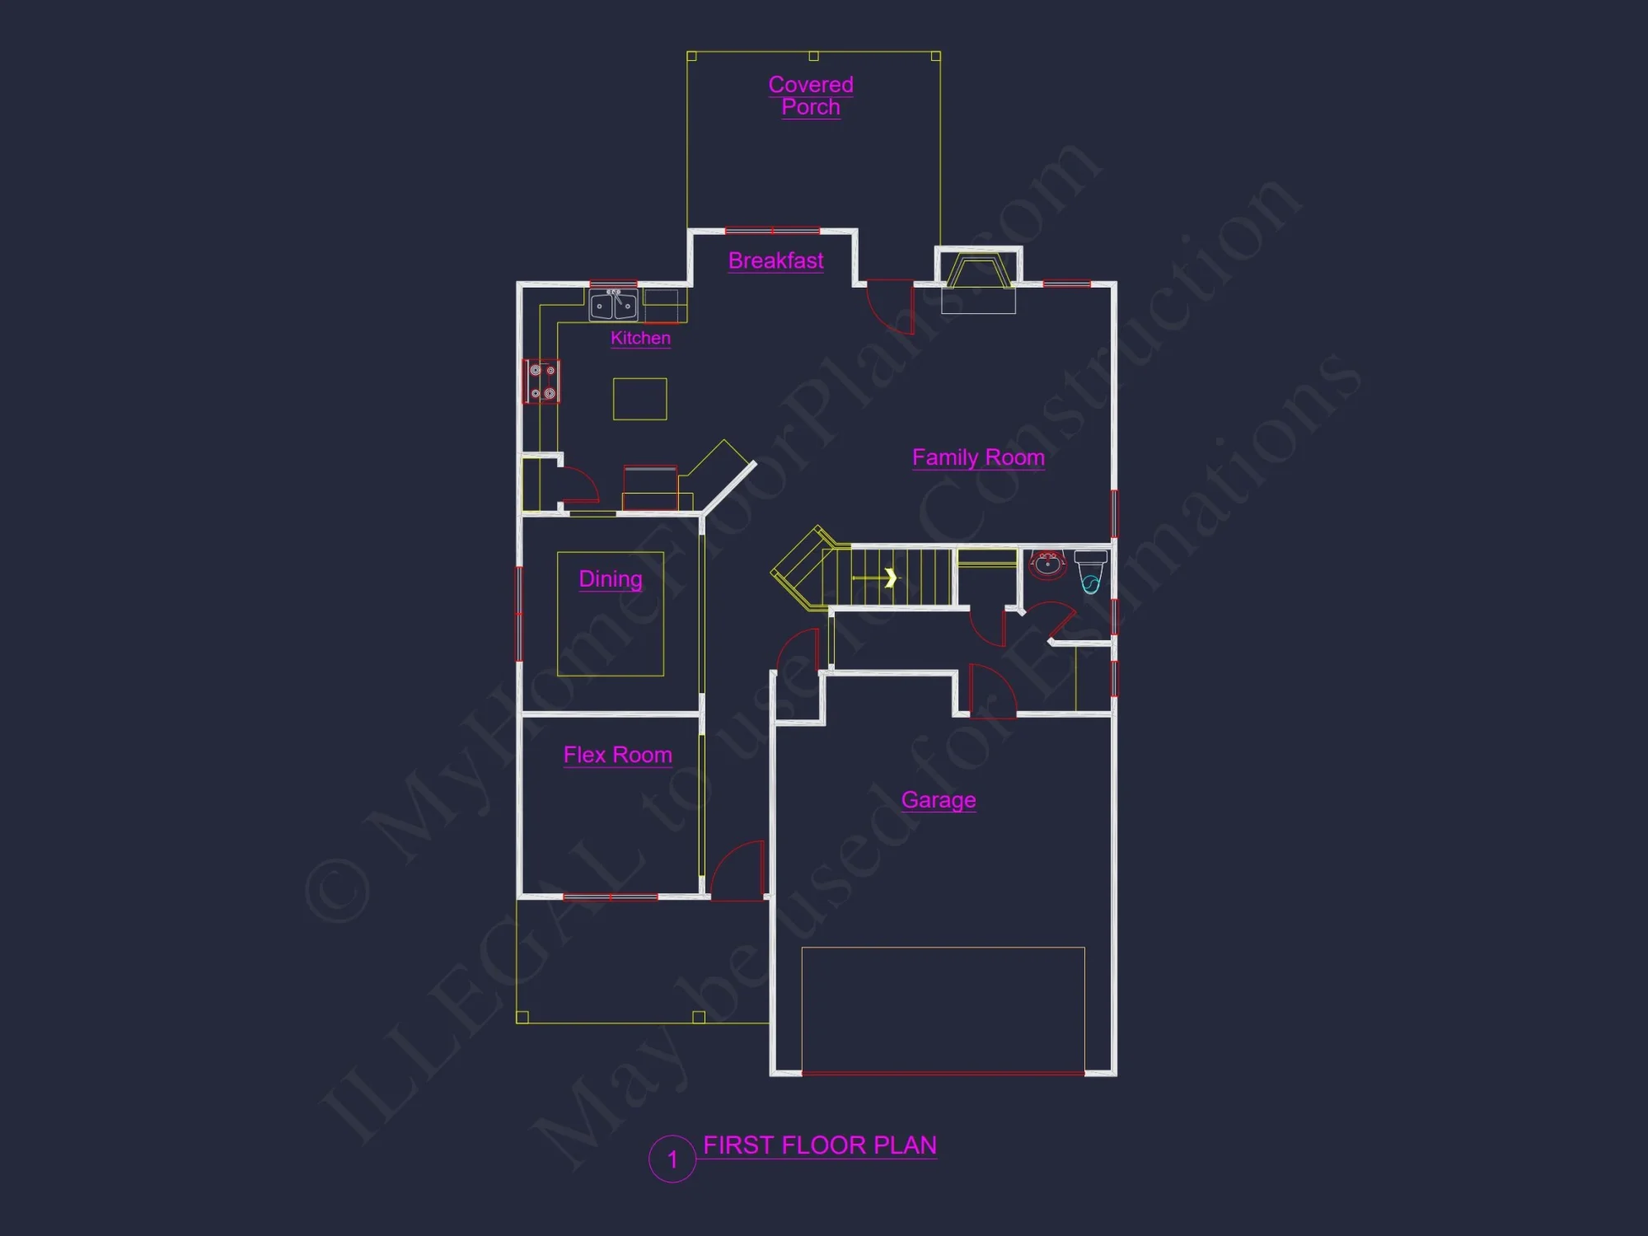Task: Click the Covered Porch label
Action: coord(811,96)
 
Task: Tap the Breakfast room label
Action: coord(775,260)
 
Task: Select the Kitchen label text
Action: coord(640,338)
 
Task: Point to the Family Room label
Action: coord(978,457)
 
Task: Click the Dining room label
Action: coord(611,578)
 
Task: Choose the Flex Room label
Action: coord(617,755)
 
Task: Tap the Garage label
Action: coord(939,799)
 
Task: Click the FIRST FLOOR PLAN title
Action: coord(819,1145)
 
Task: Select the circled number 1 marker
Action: coord(672,1159)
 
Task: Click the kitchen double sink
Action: coord(613,305)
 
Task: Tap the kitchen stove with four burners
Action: coord(542,382)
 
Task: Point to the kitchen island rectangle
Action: coord(639,399)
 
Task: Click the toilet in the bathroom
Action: coord(1090,571)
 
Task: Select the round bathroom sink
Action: coord(1047,564)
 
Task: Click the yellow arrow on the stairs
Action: coord(890,578)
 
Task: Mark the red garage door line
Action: coord(943,1074)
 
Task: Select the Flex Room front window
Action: coord(610,897)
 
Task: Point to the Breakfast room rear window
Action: coord(772,231)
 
